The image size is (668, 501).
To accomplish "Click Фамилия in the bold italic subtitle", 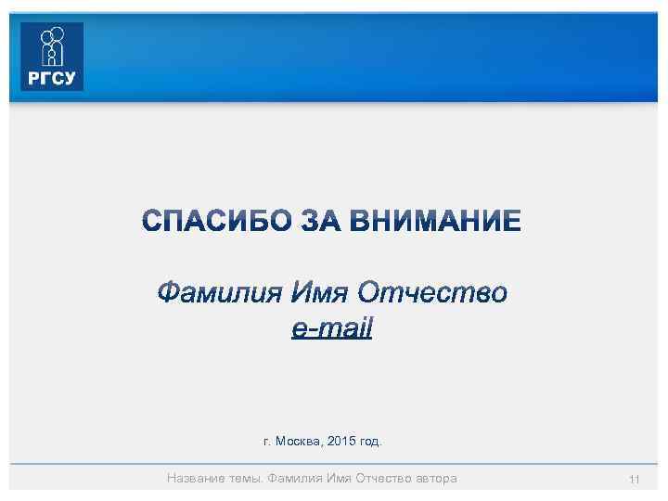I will pyautogui.click(x=217, y=294).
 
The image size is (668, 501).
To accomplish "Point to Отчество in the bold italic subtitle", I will pyautogui.click(x=433, y=294).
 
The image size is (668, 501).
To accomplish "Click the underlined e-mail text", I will pyautogui.click(x=331, y=328).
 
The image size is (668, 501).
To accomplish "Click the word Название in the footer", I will pyautogui.click(x=196, y=479).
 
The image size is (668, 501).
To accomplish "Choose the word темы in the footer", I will pyautogui.click(x=246, y=479).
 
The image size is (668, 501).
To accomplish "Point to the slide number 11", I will pyautogui.click(x=635, y=480).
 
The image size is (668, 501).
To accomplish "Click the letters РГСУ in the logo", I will pyautogui.click(x=52, y=78).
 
